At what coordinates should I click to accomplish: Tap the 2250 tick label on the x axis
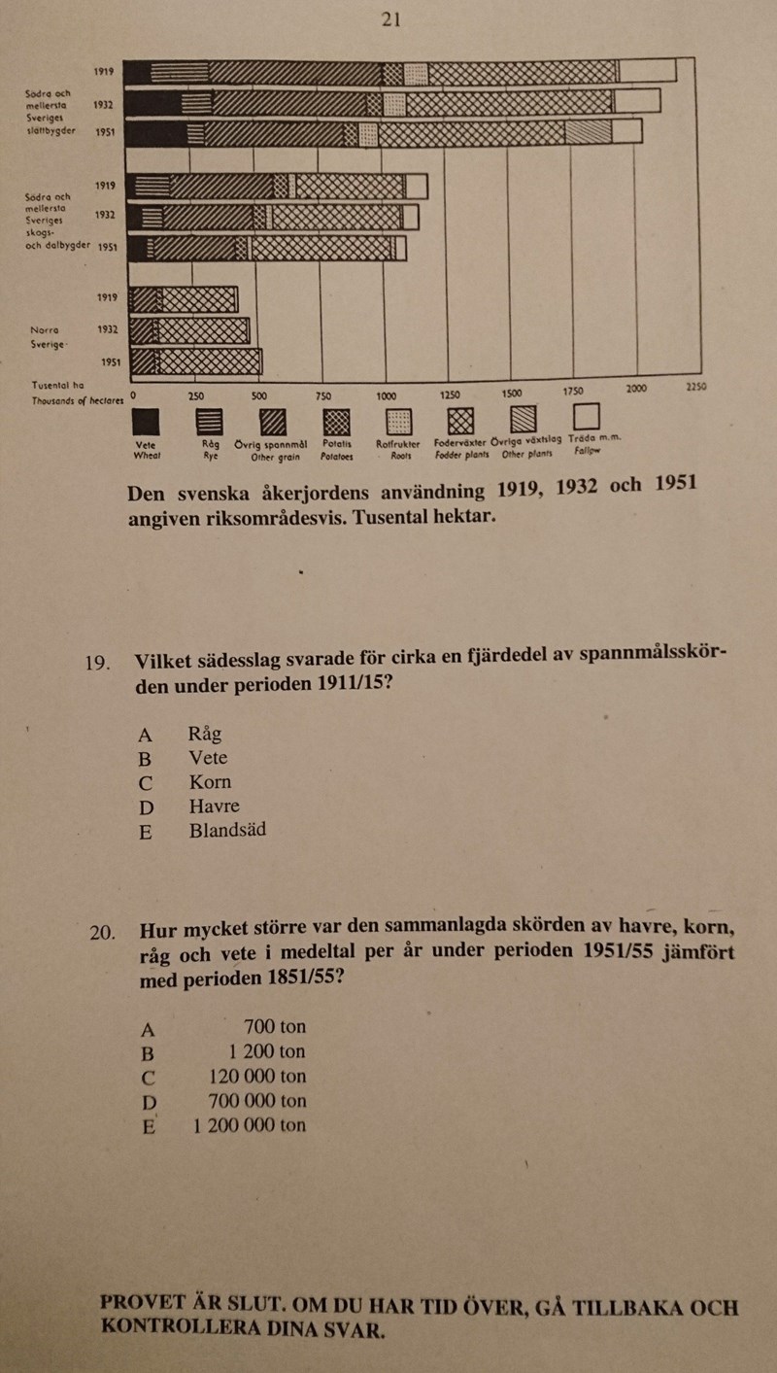point(696,387)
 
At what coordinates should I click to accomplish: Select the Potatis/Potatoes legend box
point(336,420)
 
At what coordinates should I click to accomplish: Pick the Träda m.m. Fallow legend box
point(586,416)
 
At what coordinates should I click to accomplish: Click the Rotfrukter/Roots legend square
point(398,421)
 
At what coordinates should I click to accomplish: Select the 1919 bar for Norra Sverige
point(184,298)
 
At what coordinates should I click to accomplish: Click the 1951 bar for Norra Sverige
point(195,361)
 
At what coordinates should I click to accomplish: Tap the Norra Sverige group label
point(48,336)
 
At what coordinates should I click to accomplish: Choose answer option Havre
point(214,806)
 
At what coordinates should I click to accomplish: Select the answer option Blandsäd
point(227,830)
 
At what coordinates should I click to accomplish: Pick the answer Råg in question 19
point(205,734)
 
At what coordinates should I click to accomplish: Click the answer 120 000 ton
point(257,1076)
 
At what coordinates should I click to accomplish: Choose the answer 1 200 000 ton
point(250,1125)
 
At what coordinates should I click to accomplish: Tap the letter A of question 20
point(148,1028)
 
